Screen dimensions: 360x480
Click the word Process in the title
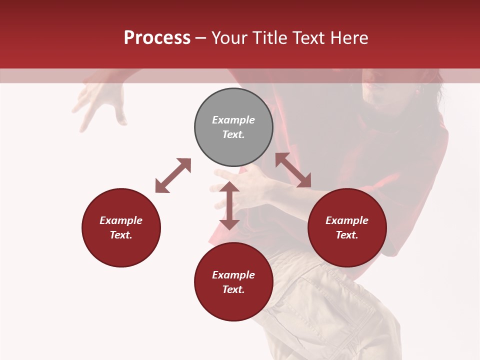pos(157,38)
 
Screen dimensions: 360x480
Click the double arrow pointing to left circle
pos(173,175)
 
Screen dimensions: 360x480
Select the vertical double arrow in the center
pos(229,205)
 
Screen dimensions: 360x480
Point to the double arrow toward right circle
pos(293,170)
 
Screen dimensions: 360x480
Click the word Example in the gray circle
pos(233,120)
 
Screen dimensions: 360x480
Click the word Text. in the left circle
pos(121,235)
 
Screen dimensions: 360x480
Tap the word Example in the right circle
pos(347,220)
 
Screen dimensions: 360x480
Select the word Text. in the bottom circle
pos(233,289)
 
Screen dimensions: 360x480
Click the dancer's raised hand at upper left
pos(102,102)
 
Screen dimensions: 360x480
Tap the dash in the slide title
pos(200,38)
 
